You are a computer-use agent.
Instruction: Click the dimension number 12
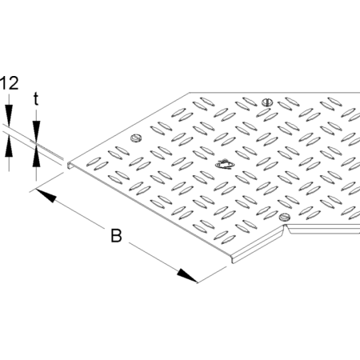10,83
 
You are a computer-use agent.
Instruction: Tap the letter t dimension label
36,98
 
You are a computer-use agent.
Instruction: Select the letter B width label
116,235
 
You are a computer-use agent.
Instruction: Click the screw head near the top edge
267,102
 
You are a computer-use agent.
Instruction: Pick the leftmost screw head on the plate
136,138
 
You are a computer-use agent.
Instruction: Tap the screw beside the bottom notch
285,217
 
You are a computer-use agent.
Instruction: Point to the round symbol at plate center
225,165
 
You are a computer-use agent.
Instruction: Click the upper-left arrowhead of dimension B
46,195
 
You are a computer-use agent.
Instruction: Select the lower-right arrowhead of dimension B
187,275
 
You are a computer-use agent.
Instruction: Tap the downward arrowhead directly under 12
9,115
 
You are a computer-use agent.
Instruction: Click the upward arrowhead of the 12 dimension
9,146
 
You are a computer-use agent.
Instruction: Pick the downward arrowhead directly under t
36,130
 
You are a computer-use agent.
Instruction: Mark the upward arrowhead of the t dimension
36,157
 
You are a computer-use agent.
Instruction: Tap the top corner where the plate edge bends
190,93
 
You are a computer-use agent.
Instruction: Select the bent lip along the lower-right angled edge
258,244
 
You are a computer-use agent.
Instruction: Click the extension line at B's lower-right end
212,274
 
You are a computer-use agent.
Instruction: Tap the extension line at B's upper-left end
46,182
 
